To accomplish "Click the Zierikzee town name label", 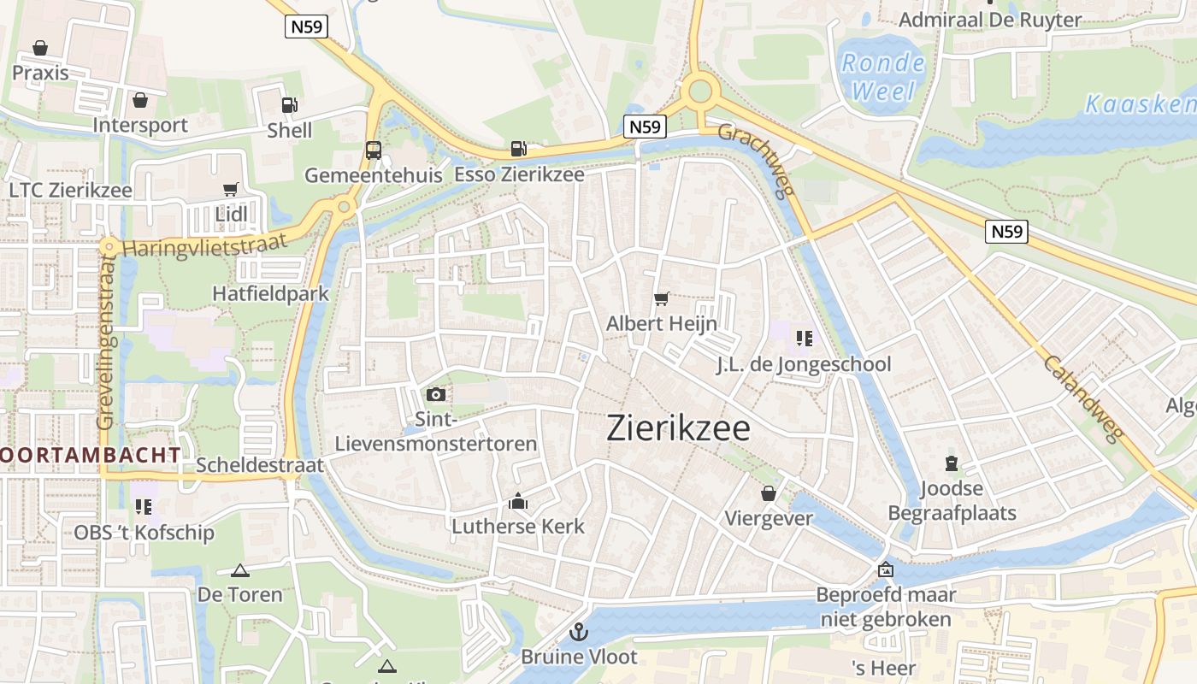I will point(678,428).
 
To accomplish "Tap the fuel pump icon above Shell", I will point(290,105).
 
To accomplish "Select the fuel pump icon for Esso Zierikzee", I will point(518,149).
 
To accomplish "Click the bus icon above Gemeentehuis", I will point(374,150).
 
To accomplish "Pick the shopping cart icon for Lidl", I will point(230,189).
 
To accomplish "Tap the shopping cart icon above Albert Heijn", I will point(661,298).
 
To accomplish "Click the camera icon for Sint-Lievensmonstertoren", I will point(436,394).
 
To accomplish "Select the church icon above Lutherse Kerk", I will point(518,501).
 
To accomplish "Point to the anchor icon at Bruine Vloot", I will point(579,632).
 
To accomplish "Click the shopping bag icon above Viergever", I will point(769,493).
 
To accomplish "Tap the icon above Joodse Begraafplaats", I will point(951,464).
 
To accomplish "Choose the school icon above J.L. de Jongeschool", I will point(804,339).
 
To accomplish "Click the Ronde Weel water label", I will point(882,77).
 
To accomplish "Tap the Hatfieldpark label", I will point(270,293).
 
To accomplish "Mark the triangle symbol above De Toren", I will point(240,570).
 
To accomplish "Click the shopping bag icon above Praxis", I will point(40,48).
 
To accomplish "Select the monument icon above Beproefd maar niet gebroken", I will point(885,569).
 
